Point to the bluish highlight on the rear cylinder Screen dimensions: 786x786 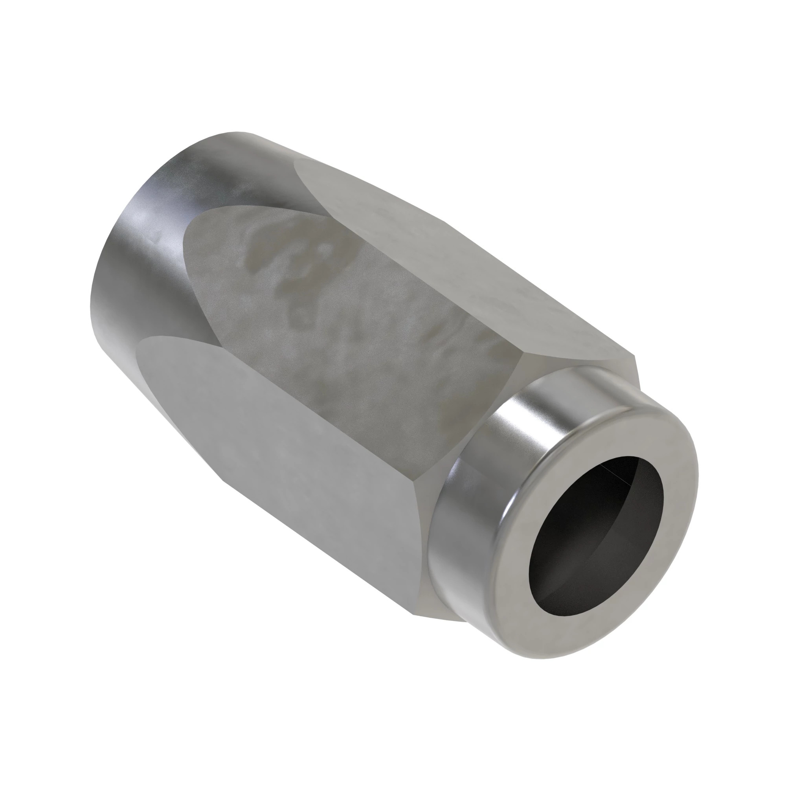[138, 228]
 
